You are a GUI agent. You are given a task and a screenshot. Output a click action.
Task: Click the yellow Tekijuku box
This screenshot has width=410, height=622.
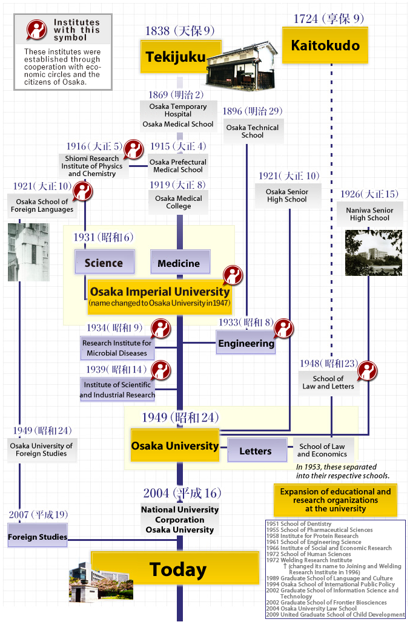[x=173, y=57]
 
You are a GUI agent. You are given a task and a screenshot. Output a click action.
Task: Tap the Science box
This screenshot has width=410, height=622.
[x=104, y=263]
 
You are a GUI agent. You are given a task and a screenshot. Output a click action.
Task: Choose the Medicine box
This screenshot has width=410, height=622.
[x=179, y=263]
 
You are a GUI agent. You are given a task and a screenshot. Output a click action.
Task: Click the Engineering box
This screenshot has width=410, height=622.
[x=246, y=343]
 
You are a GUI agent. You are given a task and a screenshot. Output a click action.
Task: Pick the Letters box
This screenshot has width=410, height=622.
[x=255, y=451]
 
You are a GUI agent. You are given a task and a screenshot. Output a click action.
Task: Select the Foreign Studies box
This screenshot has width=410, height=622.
[x=37, y=537]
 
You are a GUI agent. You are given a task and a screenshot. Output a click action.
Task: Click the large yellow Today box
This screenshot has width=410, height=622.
[x=178, y=569]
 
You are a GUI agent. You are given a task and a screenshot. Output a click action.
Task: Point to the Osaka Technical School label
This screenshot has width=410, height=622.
[x=253, y=131]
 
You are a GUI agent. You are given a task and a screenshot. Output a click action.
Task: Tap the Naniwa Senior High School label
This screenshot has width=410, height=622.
[x=369, y=214]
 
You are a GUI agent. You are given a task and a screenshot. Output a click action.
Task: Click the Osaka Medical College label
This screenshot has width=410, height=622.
[x=179, y=202]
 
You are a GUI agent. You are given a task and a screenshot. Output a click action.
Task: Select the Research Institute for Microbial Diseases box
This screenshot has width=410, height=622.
[x=117, y=348]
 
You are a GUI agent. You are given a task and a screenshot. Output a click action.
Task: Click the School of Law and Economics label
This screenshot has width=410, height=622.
[x=322, y=450]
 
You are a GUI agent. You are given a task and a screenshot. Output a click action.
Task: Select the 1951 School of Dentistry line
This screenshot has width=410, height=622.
[x=299, y=524]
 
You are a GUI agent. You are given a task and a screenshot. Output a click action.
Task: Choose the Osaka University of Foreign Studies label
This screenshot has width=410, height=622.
[x=41, y=450]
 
